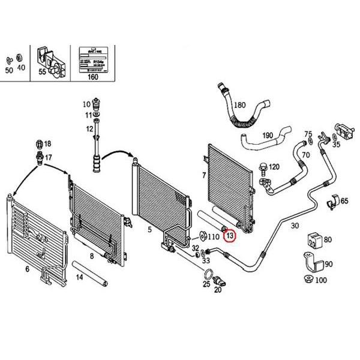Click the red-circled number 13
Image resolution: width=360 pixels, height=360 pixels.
[230, 236]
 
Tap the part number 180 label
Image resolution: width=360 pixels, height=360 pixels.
[239, 105]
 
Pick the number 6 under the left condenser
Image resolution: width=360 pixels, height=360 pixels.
[27, 269]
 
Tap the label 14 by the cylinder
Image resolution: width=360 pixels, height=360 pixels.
[79, 277]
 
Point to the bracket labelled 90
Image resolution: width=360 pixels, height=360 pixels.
[310, 262]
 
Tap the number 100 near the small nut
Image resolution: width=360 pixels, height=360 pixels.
[321, 280]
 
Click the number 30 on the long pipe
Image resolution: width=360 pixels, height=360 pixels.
[294, 226]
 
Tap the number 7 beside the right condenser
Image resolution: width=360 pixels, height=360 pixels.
[204, 175]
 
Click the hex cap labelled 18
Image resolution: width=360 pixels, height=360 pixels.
[40, 143]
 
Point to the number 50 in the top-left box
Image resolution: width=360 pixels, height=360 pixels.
[8, 70]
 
